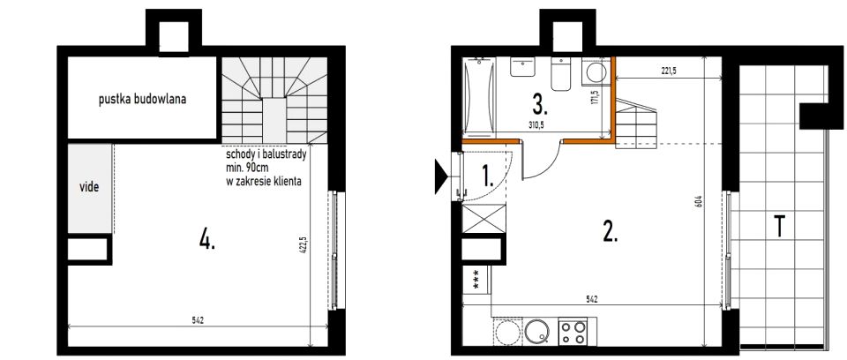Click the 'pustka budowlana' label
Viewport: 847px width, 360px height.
click(x=143, y=100)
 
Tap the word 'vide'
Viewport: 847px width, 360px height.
click(x=89, y=188)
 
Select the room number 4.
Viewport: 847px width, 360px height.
click(x=206, y=238)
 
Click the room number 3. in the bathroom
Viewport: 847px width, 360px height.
click(x=540, y=104)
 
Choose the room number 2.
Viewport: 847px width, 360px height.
click(x=610, y=232)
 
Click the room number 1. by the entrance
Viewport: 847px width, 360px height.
click(x=488, y=176)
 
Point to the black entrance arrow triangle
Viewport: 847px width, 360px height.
click(x=441, y=176)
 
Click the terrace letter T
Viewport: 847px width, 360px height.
click(x=779, y=226)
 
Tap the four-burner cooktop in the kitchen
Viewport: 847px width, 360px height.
click(x=573, y=333)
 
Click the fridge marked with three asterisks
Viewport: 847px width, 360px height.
click(x=476, y=280)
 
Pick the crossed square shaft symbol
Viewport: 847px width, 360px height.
click(x=484, y=219)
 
